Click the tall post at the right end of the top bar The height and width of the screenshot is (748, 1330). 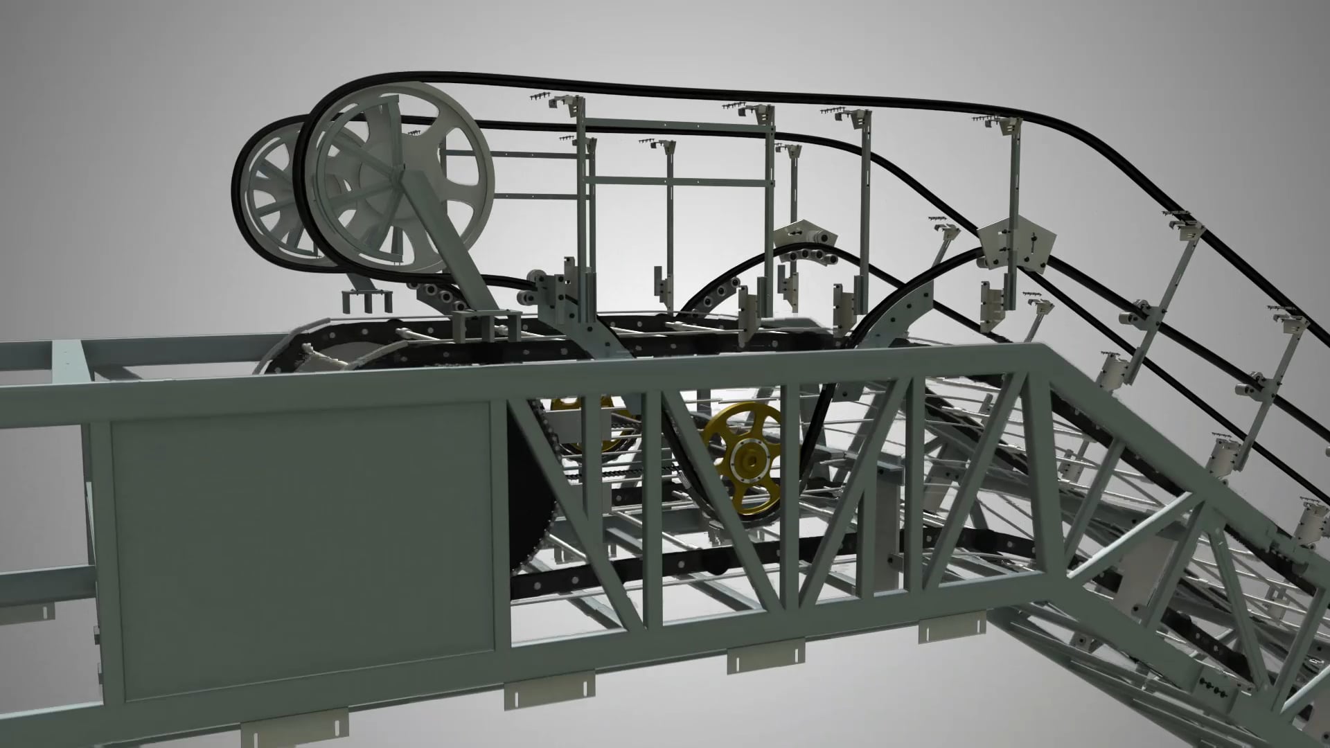tap(770, 201)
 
